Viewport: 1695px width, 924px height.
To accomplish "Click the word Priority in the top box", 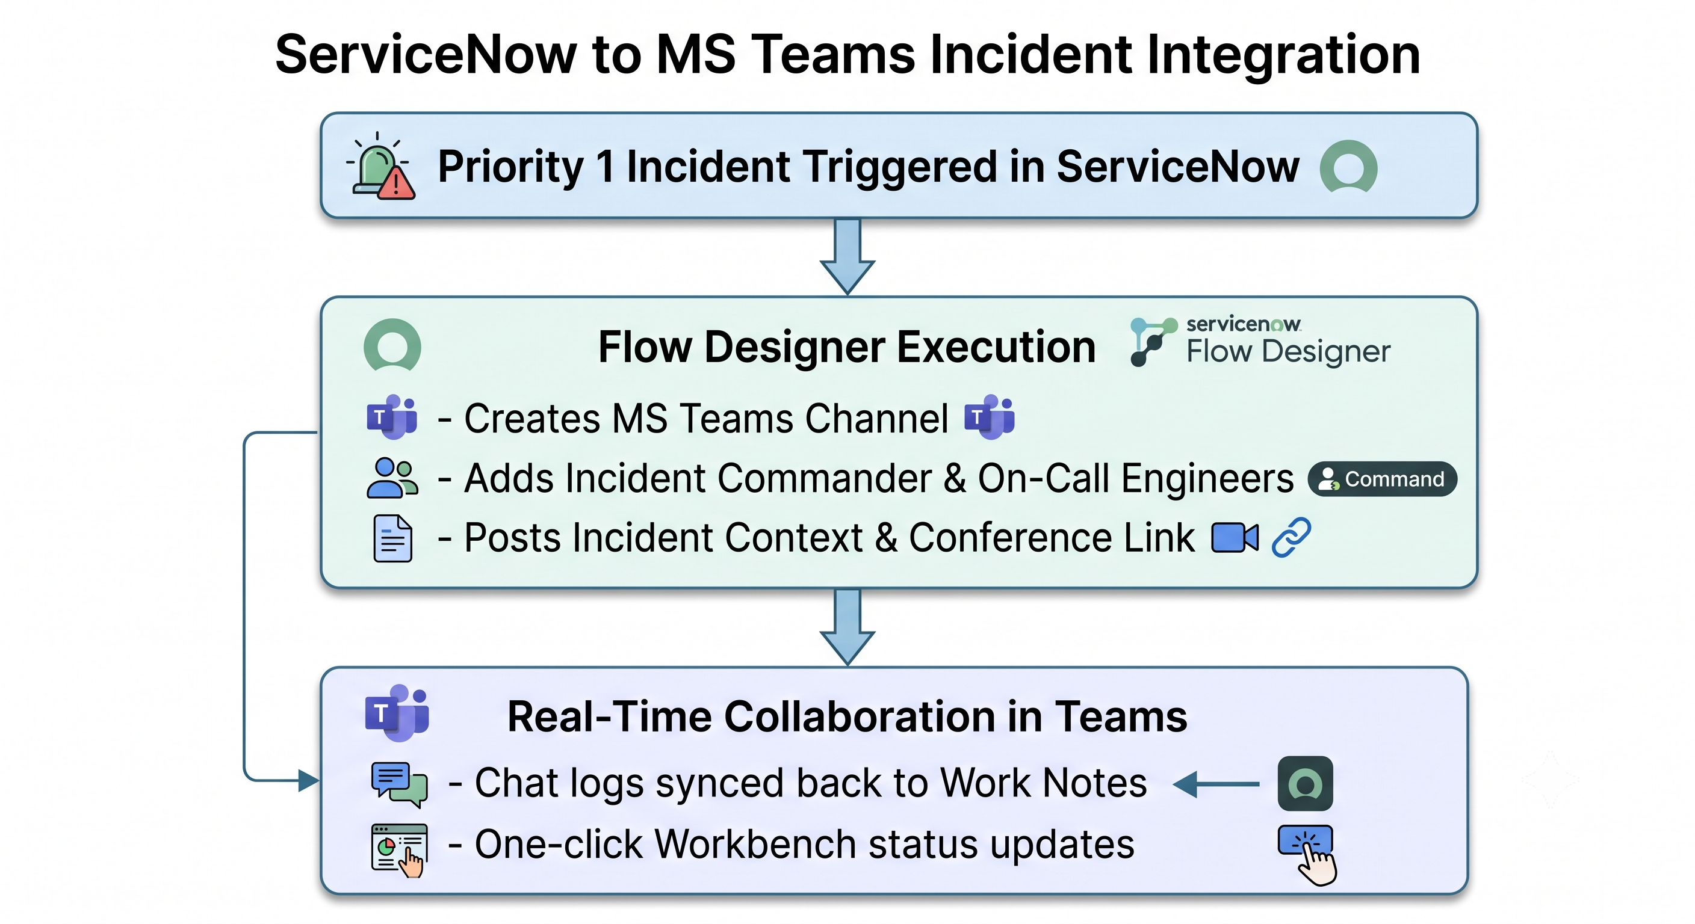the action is click(x=510, y=167).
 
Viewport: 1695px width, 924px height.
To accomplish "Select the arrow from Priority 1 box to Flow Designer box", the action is click(x=847, y=256).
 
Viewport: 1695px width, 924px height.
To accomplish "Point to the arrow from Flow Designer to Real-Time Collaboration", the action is click(x=847, y=627).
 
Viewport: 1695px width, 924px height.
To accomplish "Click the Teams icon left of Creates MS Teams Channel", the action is click(x=392, y=416).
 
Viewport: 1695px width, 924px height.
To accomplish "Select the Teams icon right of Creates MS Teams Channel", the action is click(x=990, y=416).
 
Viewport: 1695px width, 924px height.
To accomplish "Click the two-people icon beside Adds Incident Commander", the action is click(x=392, y=478).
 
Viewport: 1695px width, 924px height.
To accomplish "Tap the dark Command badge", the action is click(x=1383, y=479).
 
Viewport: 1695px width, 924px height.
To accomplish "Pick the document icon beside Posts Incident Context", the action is click(x=393, y=538).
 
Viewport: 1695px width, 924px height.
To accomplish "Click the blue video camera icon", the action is click(x=1235, y=538).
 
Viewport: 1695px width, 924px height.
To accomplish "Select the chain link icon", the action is click(x=1291, y=538).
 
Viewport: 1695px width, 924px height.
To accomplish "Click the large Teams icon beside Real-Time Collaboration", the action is click(x=397, y=713).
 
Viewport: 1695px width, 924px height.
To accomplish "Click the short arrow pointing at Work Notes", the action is click(x=1216, y=784).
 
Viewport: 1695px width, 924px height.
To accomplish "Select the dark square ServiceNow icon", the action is click(x=1306, y=783).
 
